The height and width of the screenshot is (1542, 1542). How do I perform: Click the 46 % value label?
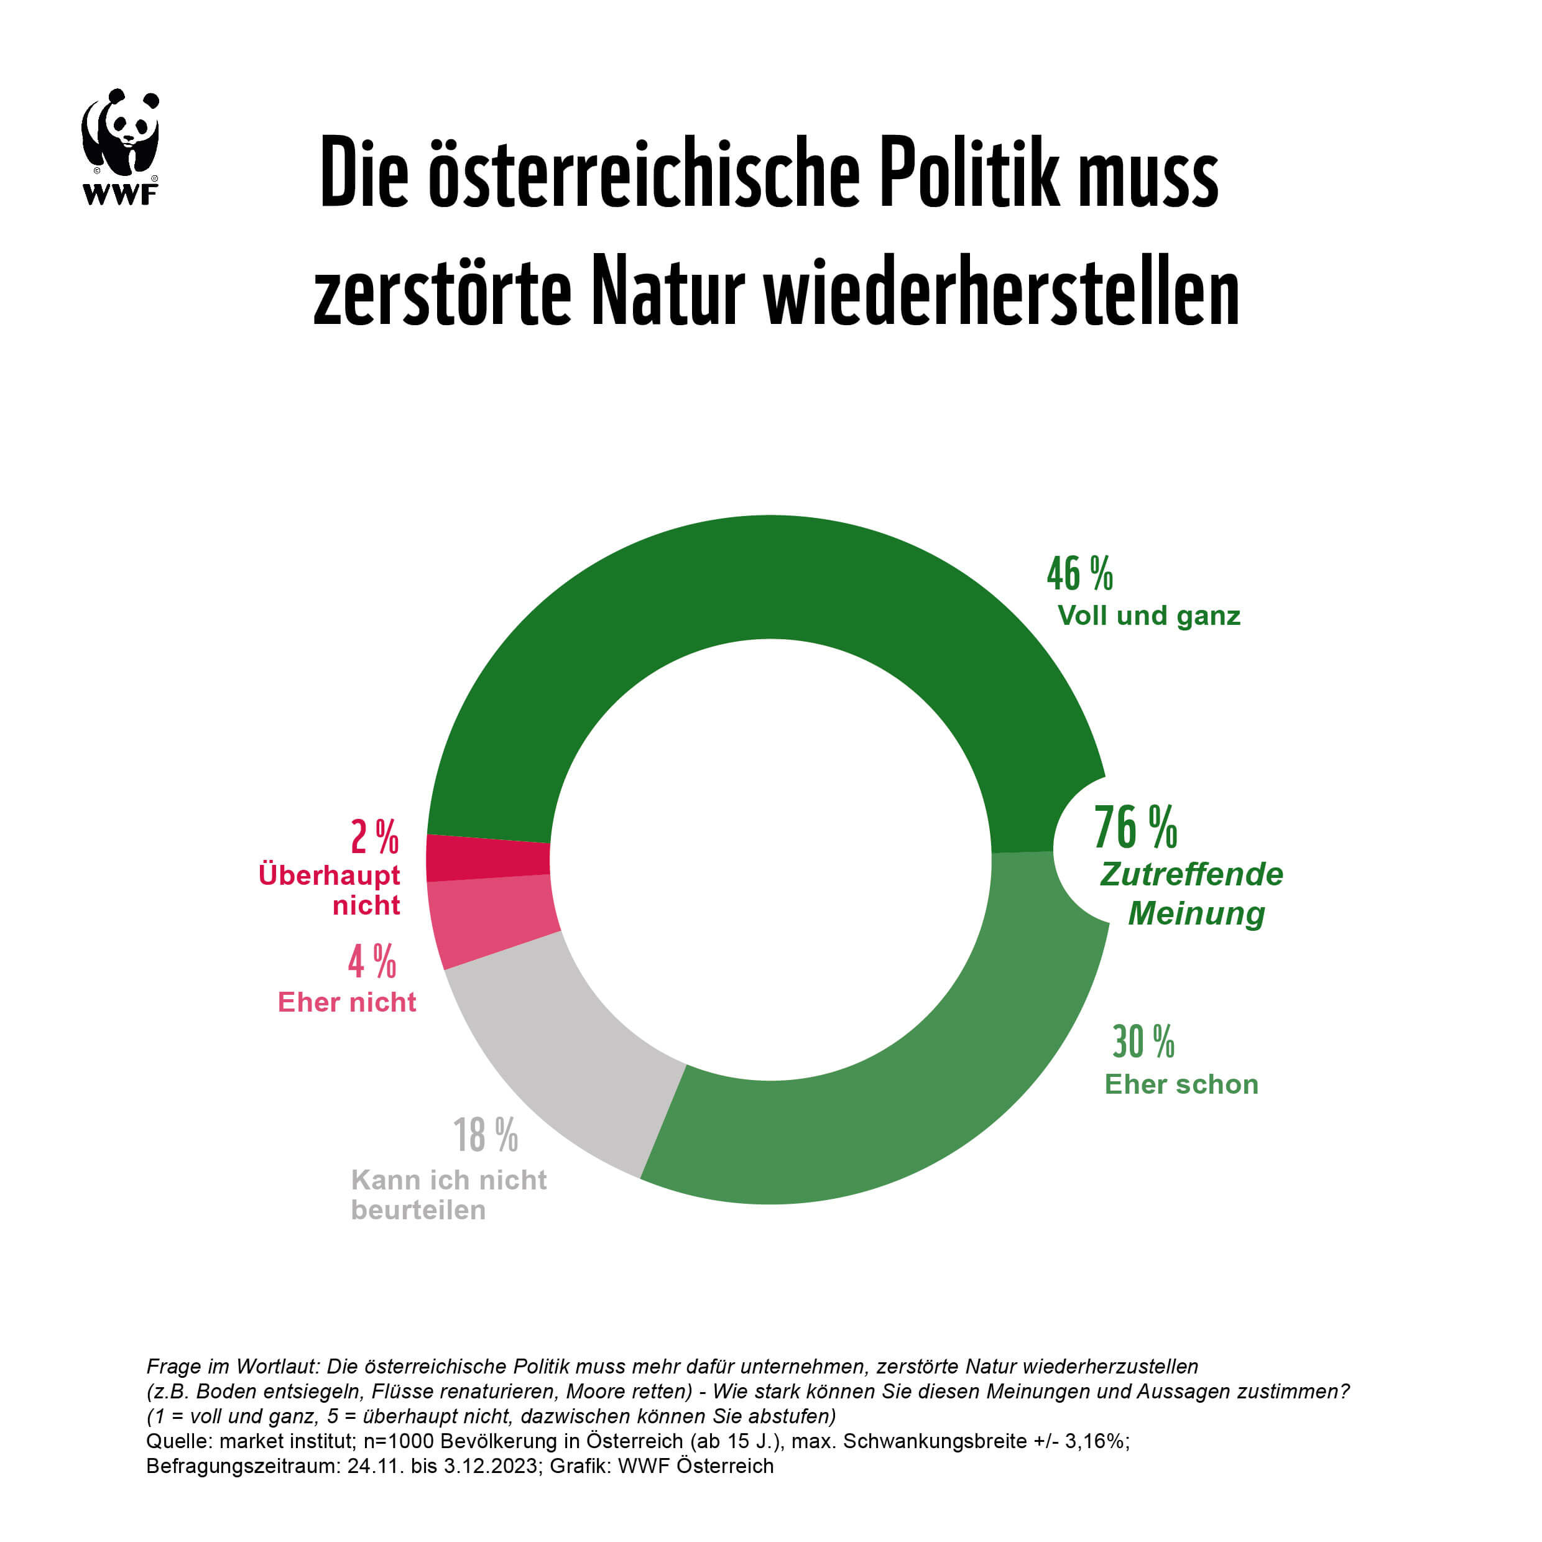(x=1079, y=575)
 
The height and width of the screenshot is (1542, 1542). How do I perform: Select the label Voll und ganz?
(x=1148, y=616)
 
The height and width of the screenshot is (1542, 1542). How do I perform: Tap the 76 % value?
(x=1135, y=827)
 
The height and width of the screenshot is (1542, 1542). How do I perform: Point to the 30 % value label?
(x=1143, y=1041)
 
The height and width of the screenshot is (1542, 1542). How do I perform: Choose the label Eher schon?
(x=1181, y=1084)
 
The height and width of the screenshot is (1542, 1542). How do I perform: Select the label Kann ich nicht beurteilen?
(x=448, y=1195)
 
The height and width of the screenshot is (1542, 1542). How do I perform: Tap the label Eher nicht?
(x=346, y=1002)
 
